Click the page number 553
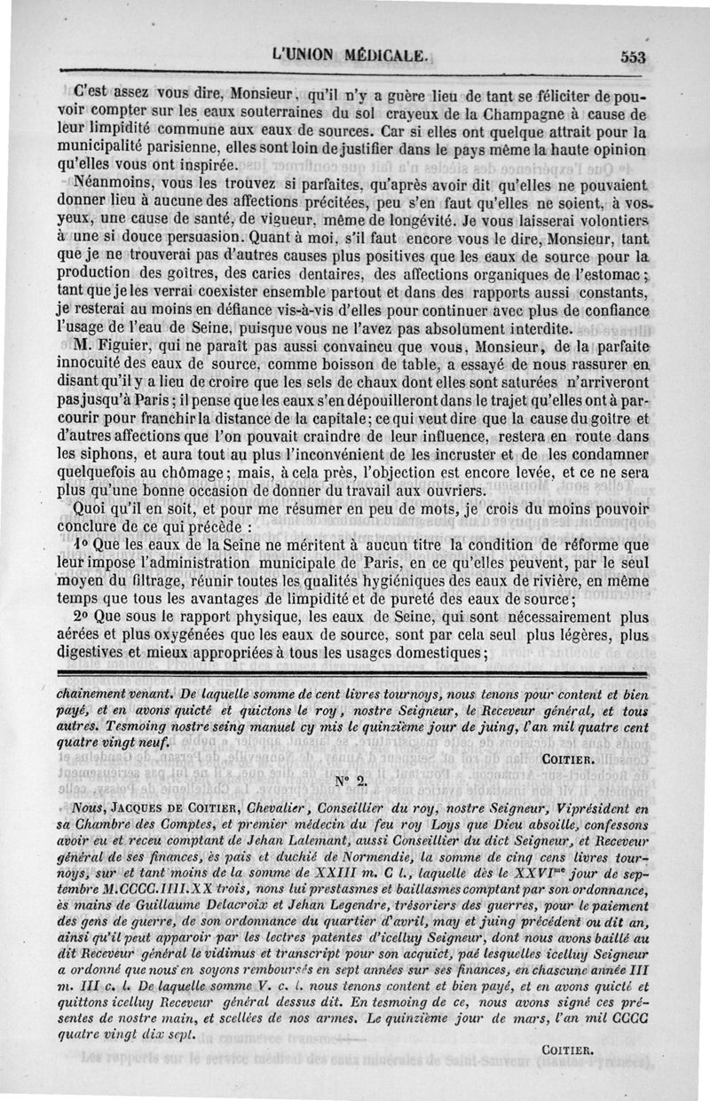(x=632, y=56)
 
